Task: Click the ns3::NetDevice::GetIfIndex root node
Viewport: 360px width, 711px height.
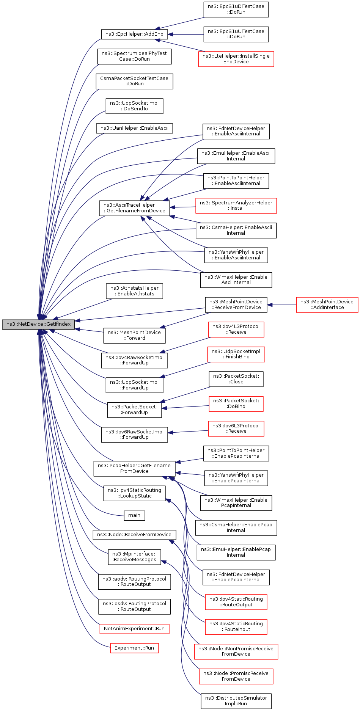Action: pos(38,324)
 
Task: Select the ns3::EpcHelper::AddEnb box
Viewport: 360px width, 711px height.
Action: pos(134,34)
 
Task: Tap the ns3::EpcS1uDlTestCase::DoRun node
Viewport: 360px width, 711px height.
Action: pos(236,9)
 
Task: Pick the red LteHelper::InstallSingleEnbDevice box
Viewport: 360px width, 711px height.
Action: pos(236,59)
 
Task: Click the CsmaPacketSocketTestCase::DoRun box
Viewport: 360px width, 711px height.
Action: pos(134,81)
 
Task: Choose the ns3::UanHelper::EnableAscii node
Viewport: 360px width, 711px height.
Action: pos(134,128)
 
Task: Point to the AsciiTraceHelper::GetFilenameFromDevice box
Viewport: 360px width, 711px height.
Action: pos(134,208)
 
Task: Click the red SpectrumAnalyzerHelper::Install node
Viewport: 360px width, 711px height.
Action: pos(236,206)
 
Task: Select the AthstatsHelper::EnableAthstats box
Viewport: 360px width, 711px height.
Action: pos(134,291)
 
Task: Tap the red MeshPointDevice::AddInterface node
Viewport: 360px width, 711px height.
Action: pos(327,304)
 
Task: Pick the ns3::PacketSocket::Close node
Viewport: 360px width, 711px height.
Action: pos(236,379)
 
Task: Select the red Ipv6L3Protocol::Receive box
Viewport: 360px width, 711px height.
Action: pos(236,428)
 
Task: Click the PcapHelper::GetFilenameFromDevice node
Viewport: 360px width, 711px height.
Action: pos(134,469)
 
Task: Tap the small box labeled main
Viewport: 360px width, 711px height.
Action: pos(134,515)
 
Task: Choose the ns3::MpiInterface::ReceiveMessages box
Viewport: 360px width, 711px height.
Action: pos(134,557)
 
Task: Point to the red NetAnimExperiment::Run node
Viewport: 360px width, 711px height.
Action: pos(134,629)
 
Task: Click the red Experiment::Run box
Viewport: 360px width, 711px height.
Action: pos(134,648)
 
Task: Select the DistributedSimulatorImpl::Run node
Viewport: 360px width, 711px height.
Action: pos(236,701)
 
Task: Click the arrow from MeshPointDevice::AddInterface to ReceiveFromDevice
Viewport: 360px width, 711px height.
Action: pos(281,304)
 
